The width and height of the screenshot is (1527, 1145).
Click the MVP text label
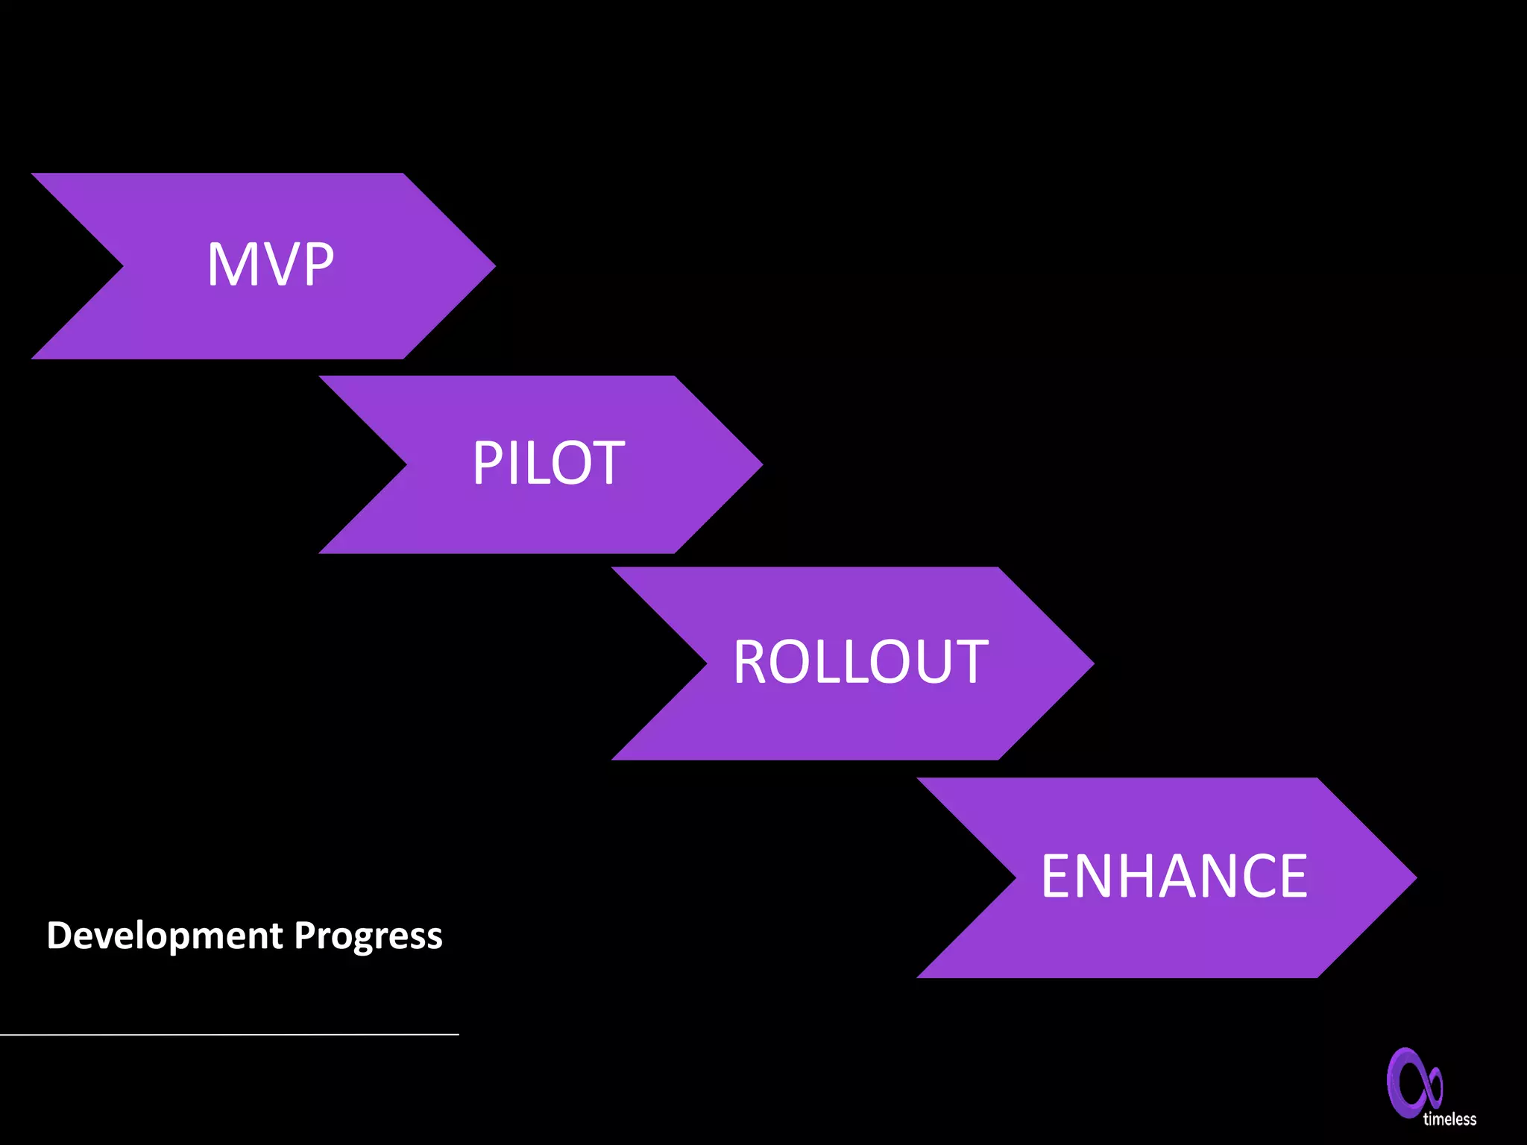point(270,265)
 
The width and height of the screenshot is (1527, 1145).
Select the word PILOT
point(548,463)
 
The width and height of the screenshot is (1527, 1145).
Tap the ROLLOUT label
point(860,662)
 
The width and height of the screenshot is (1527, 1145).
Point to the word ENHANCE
point(1174,877)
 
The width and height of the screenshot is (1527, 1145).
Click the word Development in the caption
point(165,936)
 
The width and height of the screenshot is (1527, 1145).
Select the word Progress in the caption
point(368,937)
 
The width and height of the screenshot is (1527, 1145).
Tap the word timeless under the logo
point(1449,1119)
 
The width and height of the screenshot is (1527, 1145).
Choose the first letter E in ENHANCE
point(1057,877)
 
